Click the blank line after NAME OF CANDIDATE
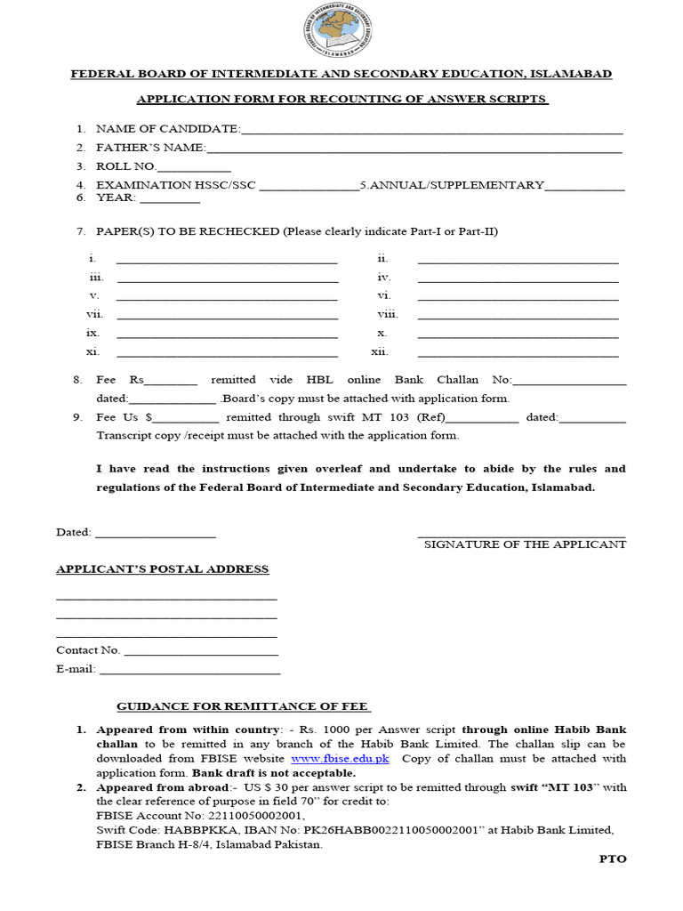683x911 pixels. pyautogui.click(x=431, y=132)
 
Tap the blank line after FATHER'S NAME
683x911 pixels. pyautogui.click(x=414, y=150)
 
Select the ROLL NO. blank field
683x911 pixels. pyautogui.click(x=194, y=169)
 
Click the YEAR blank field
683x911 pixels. pyautogui.click(x=170, y=201)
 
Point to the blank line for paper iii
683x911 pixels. pyautogui.click(x=227, y=280)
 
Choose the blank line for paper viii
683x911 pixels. pyautogui.click(x=518, y=317)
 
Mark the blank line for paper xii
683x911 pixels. pyautogui.click(x=518, y=354)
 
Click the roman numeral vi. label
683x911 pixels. pyautogui.click(x=384, y=295)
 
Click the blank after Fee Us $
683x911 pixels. pyautogui.click(x=188, y=419)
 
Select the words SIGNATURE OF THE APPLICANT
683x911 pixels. pyautogui.click(x=525, y=544)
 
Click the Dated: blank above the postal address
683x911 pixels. pyautogui.click(x=155, y=536)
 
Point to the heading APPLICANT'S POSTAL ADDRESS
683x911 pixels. pyautogui.click(x=162, y=569)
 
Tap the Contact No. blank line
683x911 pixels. pyautogui.click(x=201, y=654)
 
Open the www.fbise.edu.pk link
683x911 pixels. pyautogui.click(x=341, y=759)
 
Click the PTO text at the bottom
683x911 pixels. pyautogui.click(x=613, y=859)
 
